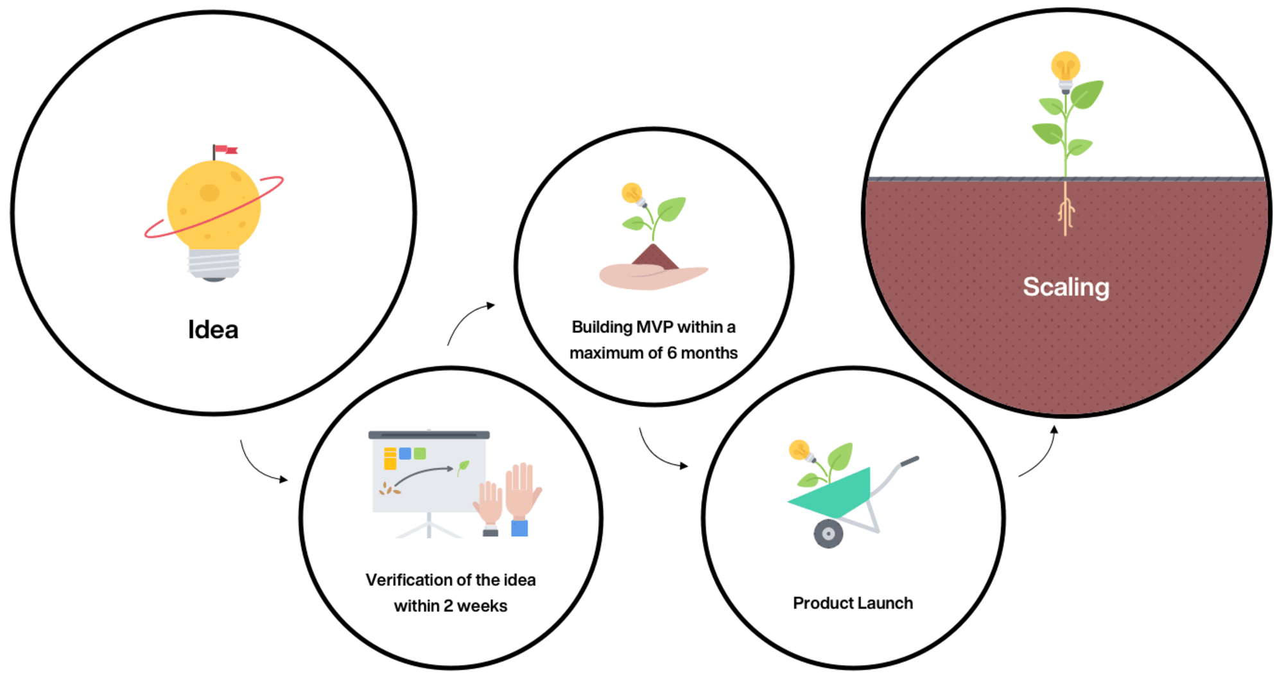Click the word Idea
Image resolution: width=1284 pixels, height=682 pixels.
tap(213, 330)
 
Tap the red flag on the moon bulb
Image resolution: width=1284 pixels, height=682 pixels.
tap(225, 150)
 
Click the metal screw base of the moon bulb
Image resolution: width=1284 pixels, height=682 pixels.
tap(214, 265)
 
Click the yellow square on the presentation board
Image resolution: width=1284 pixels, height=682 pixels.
tap(390, 459)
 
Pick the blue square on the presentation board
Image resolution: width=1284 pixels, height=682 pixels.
tap(405, 454)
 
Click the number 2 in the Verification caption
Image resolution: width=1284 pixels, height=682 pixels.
tap(448, 606)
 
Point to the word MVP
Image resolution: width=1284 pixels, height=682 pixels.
tap(654, 327)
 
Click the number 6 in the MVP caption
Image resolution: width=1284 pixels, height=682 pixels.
tap(672, 353)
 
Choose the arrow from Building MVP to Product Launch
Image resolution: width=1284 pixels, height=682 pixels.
tap(657, 454)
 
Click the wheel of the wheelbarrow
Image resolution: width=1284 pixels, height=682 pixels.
tap(828, 534)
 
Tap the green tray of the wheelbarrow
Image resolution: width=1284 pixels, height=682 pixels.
tap(835, 494)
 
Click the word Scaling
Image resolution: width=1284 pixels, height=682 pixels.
tap(1066, 287)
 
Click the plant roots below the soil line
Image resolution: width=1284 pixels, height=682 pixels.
tap(1066, 209)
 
